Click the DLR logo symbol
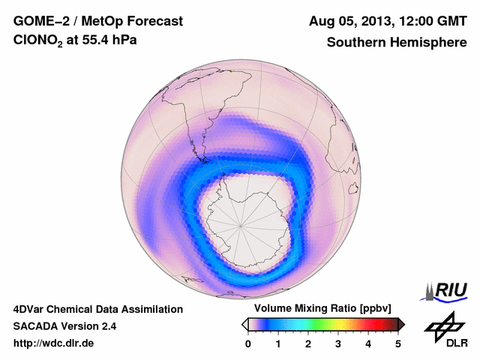442,327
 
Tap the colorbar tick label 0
248,343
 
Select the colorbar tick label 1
278,343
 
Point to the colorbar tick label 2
308,343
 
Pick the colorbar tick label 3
338,343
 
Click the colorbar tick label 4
368,343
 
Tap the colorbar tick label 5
398,343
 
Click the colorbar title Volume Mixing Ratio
307,309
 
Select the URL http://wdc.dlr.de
54,343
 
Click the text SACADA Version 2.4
64,326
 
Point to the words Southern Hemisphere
397,43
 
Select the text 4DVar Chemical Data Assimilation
98,309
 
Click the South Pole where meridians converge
241,223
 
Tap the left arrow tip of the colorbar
244,324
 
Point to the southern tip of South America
202,160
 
